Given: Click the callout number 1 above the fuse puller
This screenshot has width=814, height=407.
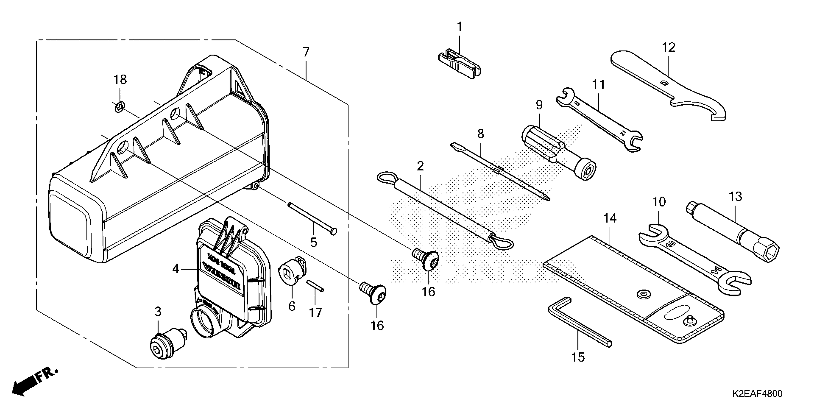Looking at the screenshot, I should [459, 27].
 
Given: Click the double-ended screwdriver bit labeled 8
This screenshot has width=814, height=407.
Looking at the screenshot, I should [499, 171].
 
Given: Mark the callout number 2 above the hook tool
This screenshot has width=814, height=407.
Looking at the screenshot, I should [420, 166].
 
